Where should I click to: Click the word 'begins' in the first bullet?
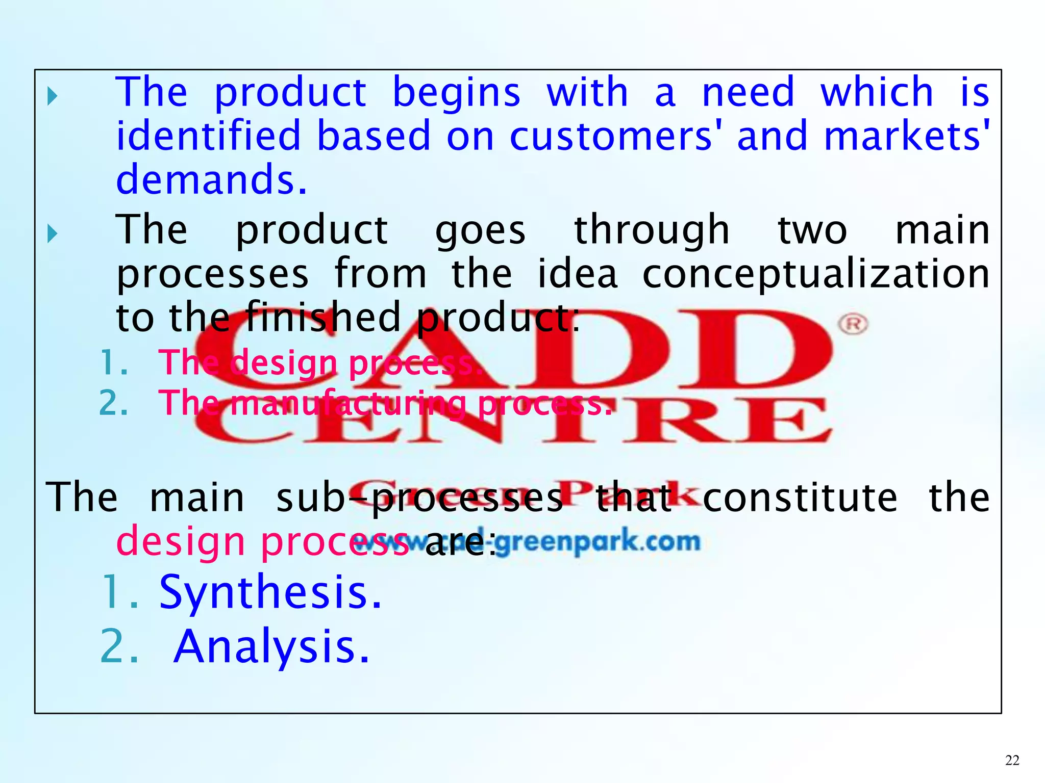click(x=456, y=94)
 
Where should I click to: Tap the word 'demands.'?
click(x=212, y=180)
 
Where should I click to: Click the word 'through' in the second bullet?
click(x=652, y=231)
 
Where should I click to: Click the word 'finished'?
click(x=323, y=318)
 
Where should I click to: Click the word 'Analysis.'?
click(x=271, y=647)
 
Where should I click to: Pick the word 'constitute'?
click(x=800, y=498)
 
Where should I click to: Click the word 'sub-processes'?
click(x=419, y=498)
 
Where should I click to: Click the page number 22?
click(x=1012, y=761)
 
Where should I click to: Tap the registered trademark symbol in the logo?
click(x=853, y=324)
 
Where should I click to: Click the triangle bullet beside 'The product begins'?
click(x=52, y=96)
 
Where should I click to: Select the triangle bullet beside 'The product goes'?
click(x=52, y=233)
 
